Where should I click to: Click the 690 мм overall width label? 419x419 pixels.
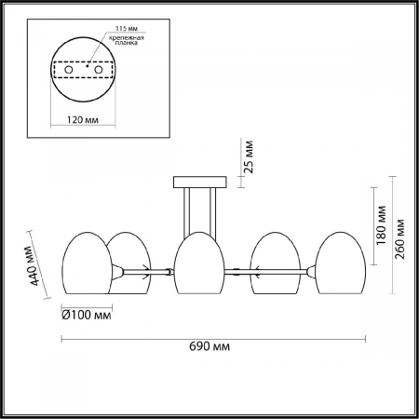coord(209,346)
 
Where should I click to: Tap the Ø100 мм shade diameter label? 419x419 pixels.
coord(87,316)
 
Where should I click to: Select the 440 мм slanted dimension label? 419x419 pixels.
coord(32,266)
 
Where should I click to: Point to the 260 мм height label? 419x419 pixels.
coord(399,239)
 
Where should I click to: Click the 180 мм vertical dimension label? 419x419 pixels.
coord(381,225)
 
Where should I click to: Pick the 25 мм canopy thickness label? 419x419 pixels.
coord(249,156)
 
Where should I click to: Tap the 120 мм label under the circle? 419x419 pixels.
coord(83,119)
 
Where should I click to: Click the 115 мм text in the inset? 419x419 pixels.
coord(127,29)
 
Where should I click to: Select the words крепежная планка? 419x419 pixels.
coord(126,40)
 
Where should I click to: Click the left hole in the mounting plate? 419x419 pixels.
coord(69,70)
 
